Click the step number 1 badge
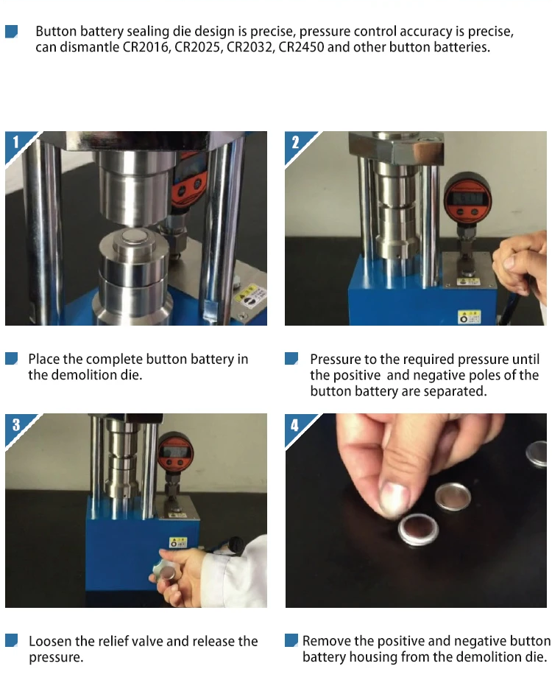click(x=16, y=143)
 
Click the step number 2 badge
click(x=296, y=143)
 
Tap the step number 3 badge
click(x=16, y=425)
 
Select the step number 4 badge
click(x=296, y=425)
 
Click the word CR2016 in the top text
click(x=146, y=47)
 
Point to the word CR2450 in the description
click(x=301, y=47)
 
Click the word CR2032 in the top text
click(x=250, y=47)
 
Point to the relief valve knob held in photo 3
click(x=164, y=571)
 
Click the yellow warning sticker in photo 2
click(x=470, y=317)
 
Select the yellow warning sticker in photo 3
click(x=178, y=543)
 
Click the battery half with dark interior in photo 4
click(x=418, y=528)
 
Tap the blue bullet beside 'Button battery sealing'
click(x=12, y=32)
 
